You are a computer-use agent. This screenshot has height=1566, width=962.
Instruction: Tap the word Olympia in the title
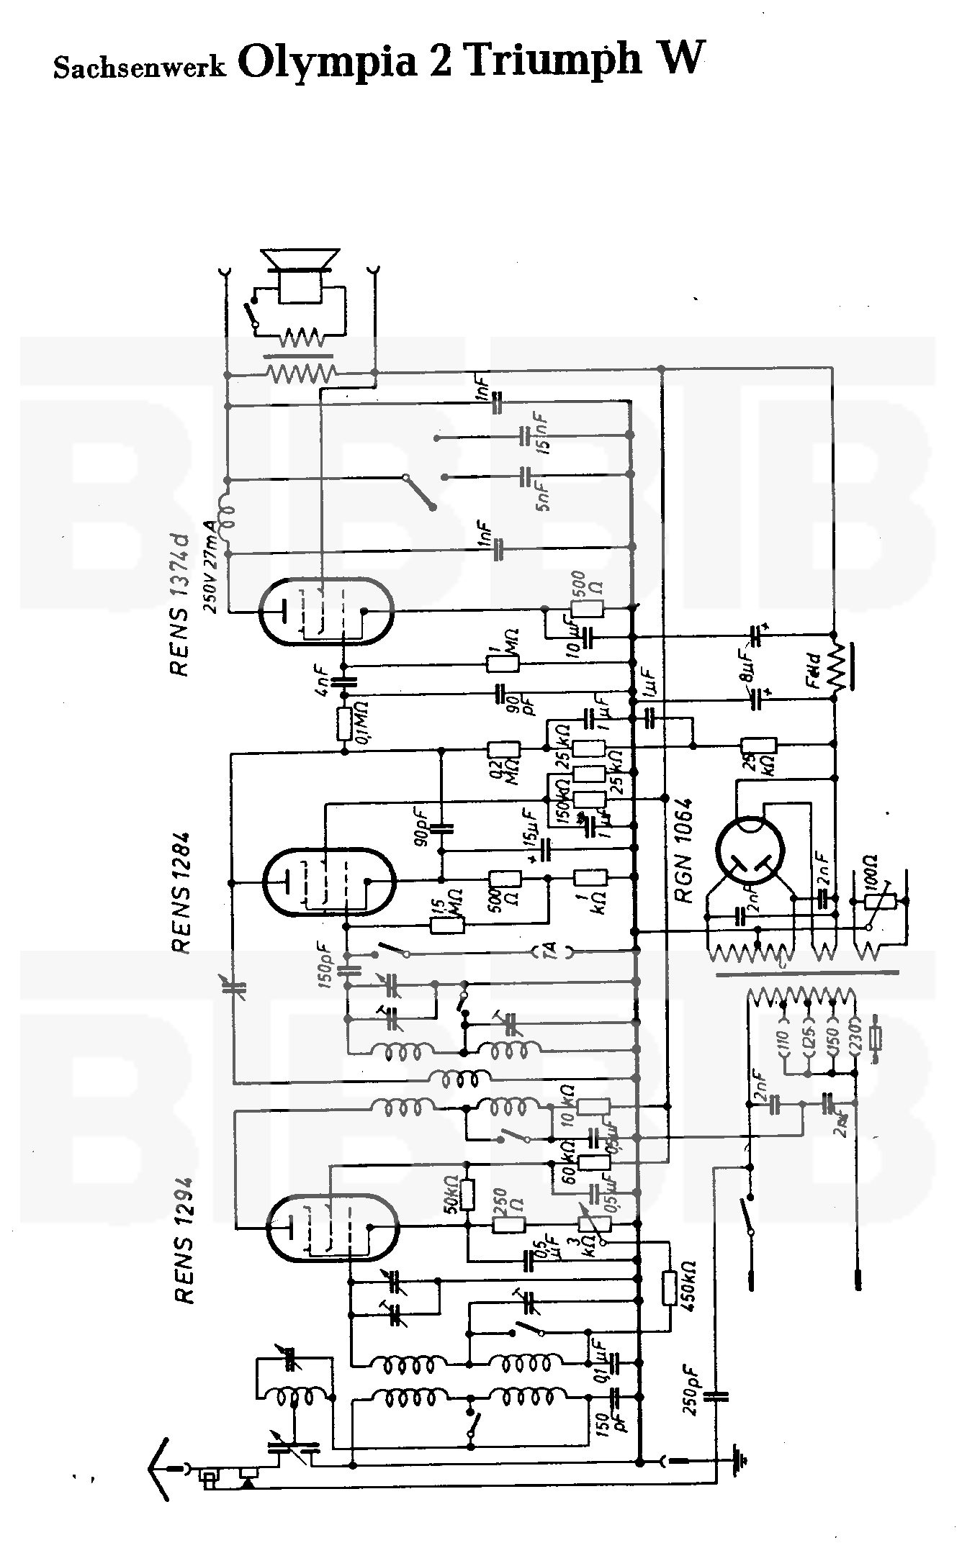point(328,60)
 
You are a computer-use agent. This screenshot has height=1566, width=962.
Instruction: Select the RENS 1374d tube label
point(179,605)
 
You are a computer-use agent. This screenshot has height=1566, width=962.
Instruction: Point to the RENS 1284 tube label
point(181,892)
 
